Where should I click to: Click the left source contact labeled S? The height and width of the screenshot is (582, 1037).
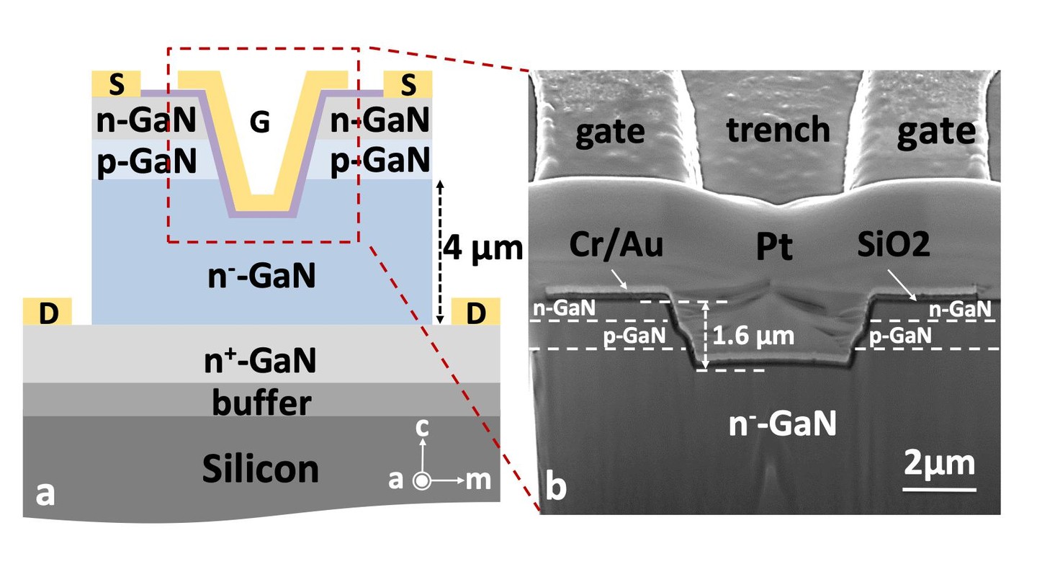(116, 84)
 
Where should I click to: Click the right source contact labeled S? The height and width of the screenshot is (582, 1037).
(408, 84)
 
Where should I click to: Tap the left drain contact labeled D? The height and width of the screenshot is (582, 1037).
(48, 312)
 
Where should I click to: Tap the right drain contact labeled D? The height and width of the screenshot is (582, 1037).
(475, 312)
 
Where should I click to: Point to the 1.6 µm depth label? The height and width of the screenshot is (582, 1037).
(754, 336)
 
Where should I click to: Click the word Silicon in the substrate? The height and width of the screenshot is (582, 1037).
(260, 469)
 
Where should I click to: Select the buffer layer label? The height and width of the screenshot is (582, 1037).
(261, 403)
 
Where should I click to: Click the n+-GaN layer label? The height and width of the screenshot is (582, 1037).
(261, 361)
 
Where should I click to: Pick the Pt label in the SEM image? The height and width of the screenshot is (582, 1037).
(775, 247)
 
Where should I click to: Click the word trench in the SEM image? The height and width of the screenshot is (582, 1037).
(778, 130)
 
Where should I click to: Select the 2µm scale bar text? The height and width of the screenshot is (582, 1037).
(939, 462)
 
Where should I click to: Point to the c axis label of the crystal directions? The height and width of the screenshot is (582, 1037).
(423, 429)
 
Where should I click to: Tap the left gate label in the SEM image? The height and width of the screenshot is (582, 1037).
(610, 133)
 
